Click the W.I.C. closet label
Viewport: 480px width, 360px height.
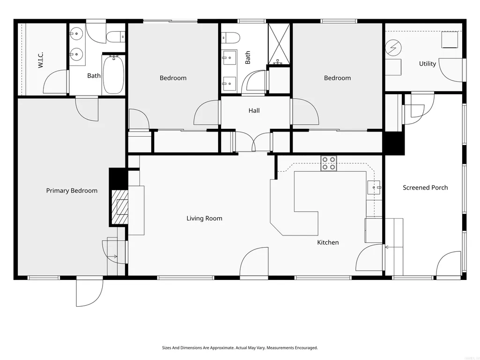point(41,60)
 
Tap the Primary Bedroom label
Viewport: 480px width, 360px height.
point(72,191)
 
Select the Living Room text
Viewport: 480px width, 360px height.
point(204,218)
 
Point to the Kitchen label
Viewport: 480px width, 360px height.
point(328,242)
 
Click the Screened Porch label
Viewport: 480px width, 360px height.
point(425,188)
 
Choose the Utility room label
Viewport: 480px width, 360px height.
point(428,64)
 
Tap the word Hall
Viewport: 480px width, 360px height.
point(254,110)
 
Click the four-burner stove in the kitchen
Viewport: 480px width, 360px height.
point(328,163)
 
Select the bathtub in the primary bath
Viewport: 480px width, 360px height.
point(113,75)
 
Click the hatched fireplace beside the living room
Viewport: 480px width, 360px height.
point(120,207)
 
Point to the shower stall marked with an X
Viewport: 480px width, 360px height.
point(279,44)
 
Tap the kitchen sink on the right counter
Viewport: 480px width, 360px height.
point(374,187)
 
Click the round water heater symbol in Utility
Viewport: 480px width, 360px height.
point(393,48)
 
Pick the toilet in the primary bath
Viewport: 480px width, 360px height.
point(115,37)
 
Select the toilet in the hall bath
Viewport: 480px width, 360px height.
point(230,37)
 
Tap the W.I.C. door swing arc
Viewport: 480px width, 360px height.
point(49,76)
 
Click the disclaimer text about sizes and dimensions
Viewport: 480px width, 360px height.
point(240,348)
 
